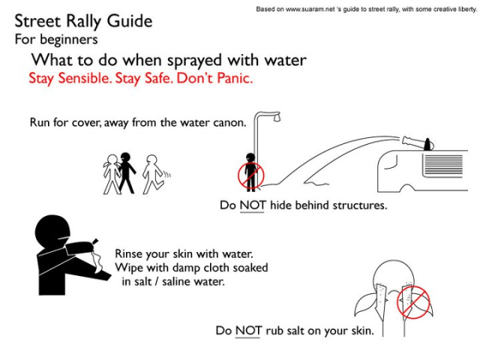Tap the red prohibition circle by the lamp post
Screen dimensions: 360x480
[x=250, y=175]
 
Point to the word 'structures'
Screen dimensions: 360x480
[x=358, y=205]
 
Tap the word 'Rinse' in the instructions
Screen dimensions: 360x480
[x=132, y=254]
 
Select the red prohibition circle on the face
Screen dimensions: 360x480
[x=412, y=301]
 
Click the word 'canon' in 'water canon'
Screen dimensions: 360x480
[x=229, y=123]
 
